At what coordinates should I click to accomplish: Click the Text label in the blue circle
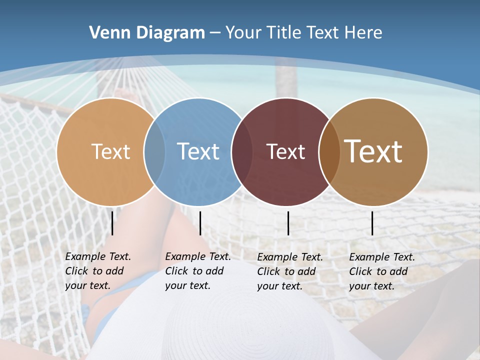(198, 151)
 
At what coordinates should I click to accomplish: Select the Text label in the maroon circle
(285, 151)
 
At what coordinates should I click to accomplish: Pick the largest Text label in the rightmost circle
(373, 151)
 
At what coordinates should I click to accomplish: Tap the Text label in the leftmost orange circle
(111, 151)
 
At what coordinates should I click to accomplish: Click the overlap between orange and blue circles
(154, 151)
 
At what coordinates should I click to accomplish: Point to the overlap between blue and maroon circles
(242, 151)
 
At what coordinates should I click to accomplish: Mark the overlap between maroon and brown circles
(329, 151)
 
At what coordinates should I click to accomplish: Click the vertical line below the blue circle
(200, 223)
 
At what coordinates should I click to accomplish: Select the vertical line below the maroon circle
(288, 223)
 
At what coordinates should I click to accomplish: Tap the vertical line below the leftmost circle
(112, 223)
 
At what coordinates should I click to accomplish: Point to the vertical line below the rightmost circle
(372, 223)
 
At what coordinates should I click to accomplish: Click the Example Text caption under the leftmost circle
(97, 271)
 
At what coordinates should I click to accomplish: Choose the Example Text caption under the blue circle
(197, 271)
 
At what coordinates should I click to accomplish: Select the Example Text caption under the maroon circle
(289, 271)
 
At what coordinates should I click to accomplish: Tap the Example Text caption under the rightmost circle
(381, 271)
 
